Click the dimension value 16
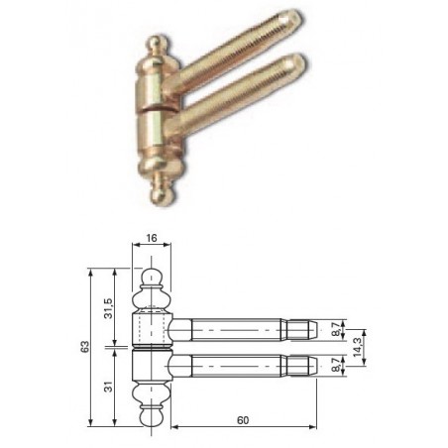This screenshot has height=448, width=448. (152, 238)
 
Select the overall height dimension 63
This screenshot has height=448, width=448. (85, 347)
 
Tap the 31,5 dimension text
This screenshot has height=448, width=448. (108, 308)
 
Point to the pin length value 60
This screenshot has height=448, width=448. (243, 420)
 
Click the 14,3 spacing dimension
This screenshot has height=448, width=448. (357, 347)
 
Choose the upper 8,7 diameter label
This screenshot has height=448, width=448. (336, 330)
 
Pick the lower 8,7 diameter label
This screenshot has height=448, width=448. (336, 366)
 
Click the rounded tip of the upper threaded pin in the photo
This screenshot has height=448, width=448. (293, 17)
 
